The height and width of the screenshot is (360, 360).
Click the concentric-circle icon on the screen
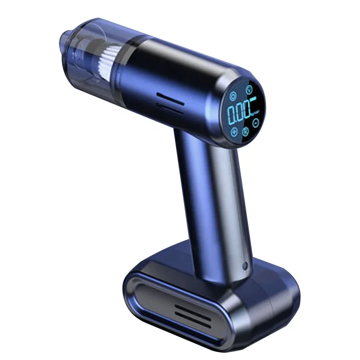233,96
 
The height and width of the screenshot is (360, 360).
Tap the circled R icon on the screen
246,131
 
